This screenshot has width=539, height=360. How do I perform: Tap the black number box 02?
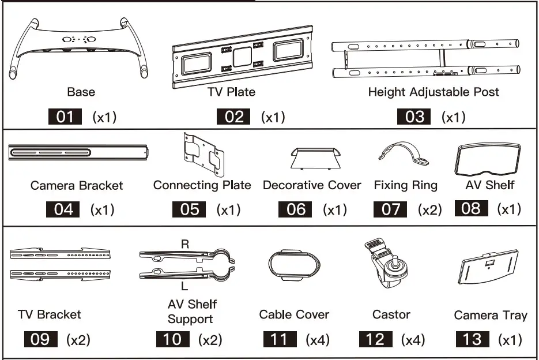(x=234, y=117)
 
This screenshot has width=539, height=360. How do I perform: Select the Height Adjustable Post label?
(x=434, y=92)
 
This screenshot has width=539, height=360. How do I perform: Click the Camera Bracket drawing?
(x=79, y=153)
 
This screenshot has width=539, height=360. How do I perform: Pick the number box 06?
(x=295, y=209)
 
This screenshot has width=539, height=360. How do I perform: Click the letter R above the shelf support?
(x=185, y=244)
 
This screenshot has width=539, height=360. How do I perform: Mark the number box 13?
(x=472, y=339)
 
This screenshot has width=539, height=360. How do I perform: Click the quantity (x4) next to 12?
(x=414, y=340)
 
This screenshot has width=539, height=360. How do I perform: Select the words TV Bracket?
(x=49, y=314)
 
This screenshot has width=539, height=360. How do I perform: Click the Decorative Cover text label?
(x=312, y=185)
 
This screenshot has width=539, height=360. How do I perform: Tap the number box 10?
(x=173, y=339)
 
